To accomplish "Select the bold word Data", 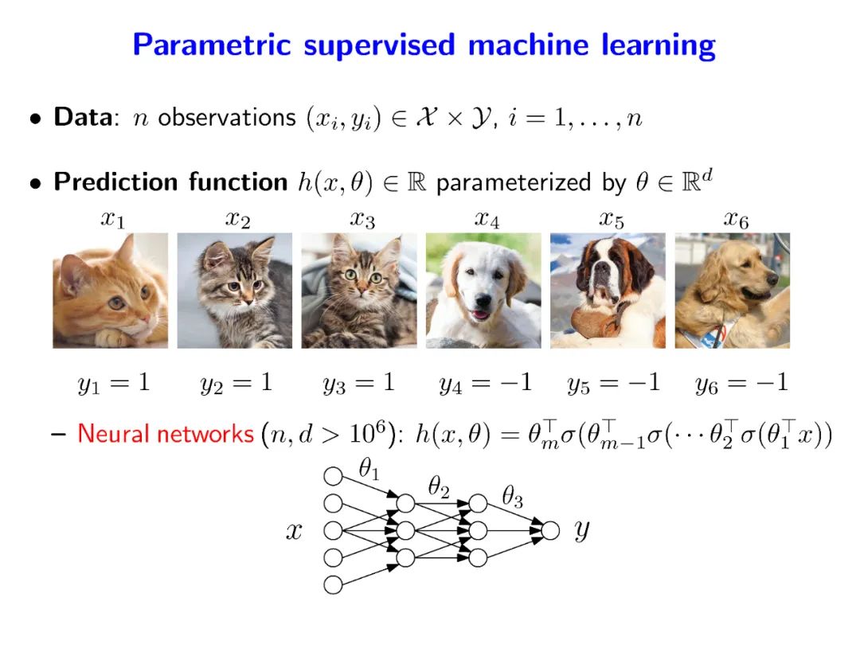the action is click(82, 118).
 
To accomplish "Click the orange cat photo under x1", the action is click(111, 291).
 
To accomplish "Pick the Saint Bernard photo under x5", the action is click(608, 291).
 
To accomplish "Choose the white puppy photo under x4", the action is click(483, 291).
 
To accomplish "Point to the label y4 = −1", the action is click(485, 384).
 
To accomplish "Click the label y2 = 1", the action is click(236, 383).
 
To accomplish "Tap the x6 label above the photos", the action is click(736, 221).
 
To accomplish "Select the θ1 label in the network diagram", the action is click(368, 471).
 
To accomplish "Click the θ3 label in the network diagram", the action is click(512, 499).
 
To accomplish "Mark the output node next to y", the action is click(549, 530).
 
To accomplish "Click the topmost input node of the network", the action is click(333, 476).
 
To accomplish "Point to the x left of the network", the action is click(294, 531).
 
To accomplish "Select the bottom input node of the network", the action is click(333, 584).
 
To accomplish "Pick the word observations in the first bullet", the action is click(227, 118).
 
